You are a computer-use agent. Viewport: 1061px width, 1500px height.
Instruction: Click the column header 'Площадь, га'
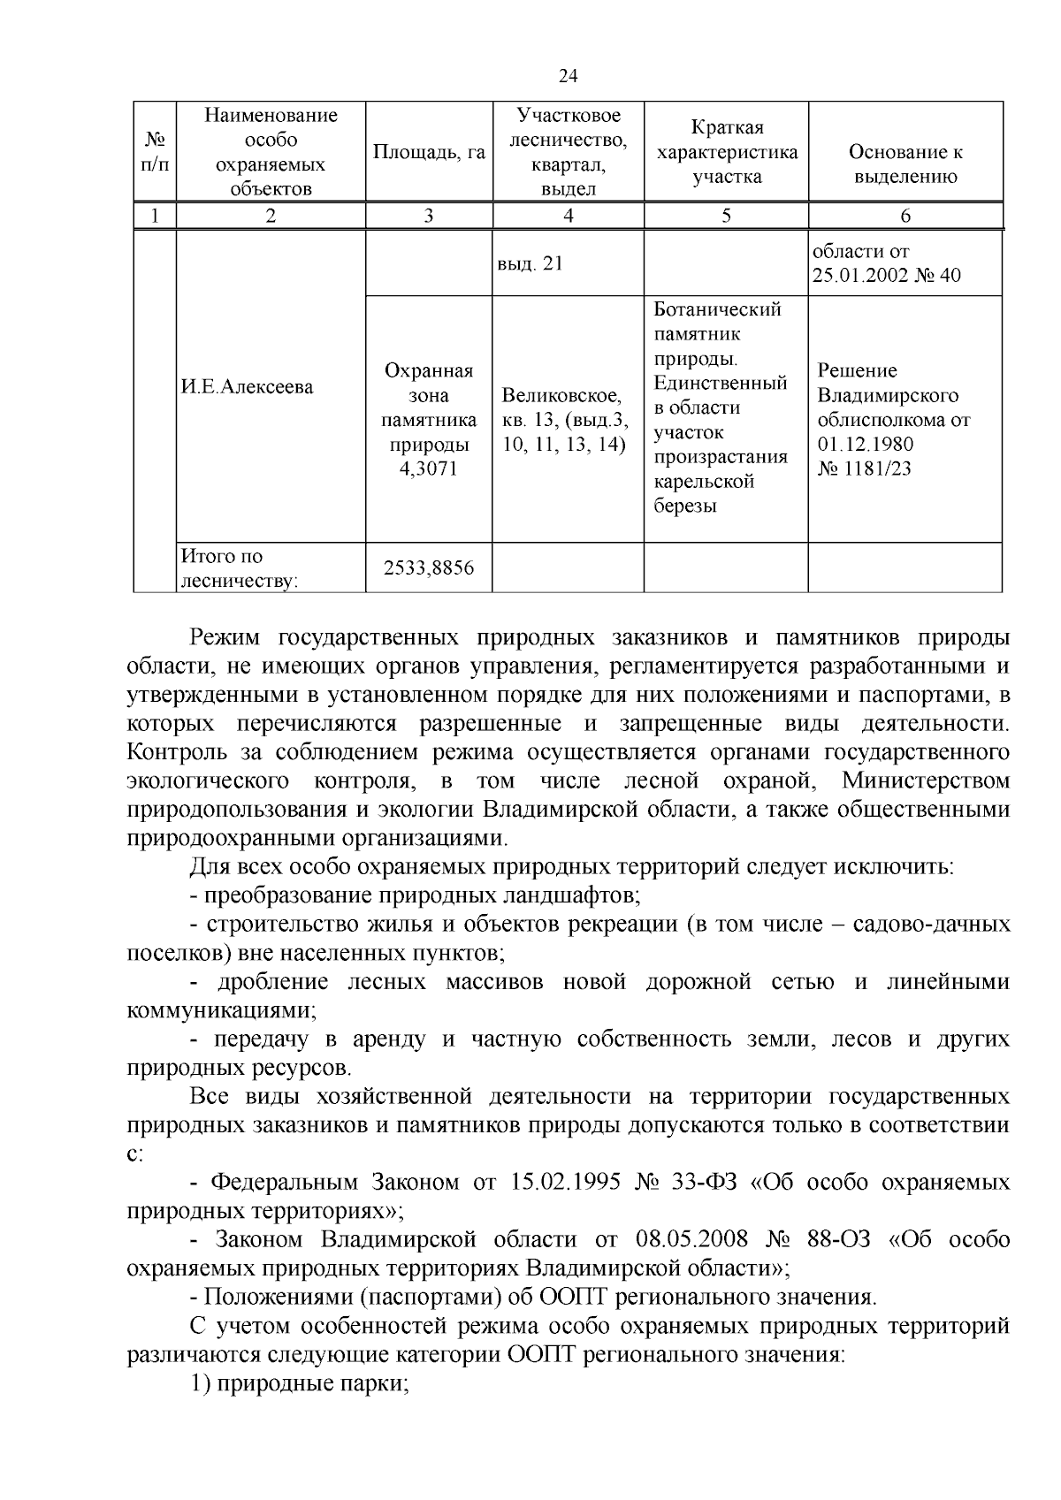pos(429,152)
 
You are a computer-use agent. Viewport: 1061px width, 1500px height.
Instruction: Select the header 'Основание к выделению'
pos(905,164)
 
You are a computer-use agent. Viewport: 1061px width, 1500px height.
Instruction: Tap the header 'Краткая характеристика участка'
pos(726,152)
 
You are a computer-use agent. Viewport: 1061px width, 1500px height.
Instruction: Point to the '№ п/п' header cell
pos(155,152)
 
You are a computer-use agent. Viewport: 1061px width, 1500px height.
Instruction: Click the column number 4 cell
pos(568,216)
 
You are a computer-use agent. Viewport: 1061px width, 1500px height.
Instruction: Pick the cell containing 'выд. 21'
pos(530,263)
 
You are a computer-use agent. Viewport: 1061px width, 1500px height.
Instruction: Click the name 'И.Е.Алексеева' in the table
pos(248,386)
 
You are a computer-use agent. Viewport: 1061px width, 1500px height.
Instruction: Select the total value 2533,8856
pos(429,567)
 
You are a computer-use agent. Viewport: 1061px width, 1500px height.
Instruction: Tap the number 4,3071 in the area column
pos(429,468)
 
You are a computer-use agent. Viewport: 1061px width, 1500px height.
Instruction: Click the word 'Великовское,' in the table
pos(561,395)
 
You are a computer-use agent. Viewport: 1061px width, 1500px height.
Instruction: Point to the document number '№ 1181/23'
pos(864,468)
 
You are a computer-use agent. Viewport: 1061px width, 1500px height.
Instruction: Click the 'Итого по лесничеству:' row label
pos(239,567)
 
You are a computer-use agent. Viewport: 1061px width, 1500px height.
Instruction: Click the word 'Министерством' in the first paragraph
pos(925,781)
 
